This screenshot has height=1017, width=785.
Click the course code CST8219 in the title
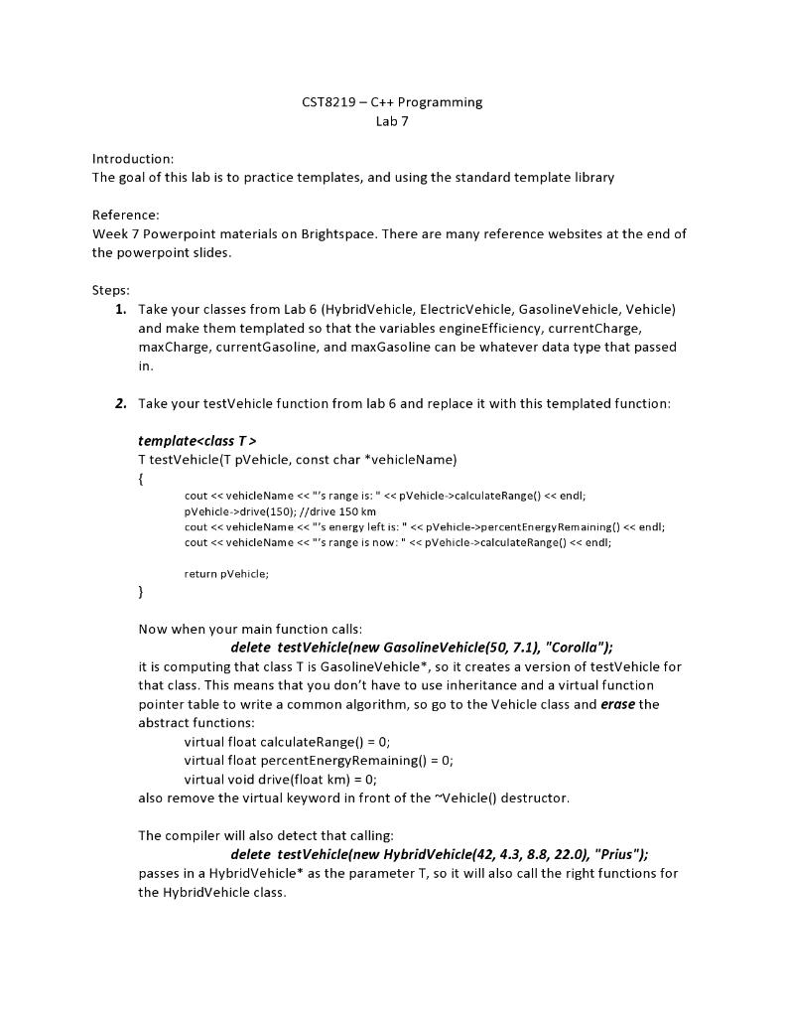(327, 102)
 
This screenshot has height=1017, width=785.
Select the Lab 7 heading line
(392, 122)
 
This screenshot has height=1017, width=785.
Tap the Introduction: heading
(133, 159)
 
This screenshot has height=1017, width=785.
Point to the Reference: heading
(126, 216)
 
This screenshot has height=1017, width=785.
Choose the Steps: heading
(111, 291)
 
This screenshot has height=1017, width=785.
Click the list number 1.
(120, 310)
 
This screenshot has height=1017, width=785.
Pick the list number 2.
(120, 403)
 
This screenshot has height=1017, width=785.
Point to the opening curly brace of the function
(141, 478)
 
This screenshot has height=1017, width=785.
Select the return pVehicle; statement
(226, 574)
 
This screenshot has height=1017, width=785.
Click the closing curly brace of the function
(141, 593)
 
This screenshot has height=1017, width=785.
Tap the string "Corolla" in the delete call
(569, 648)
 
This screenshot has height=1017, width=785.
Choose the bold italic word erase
(618, 704)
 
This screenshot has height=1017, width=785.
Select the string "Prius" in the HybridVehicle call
(618, 855)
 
